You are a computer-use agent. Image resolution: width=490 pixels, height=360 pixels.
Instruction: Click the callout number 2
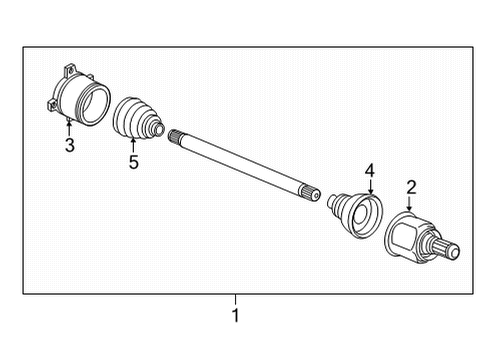tap(410, 187)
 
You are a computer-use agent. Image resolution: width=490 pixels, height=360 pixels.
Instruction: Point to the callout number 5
tap(132, 163)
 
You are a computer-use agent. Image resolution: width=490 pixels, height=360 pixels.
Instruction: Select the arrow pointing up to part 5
tap(132, 143)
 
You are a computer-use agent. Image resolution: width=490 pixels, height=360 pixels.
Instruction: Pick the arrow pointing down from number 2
tap(410, 205)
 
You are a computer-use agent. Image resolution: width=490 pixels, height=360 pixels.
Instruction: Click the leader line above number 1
tap(236, 303)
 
